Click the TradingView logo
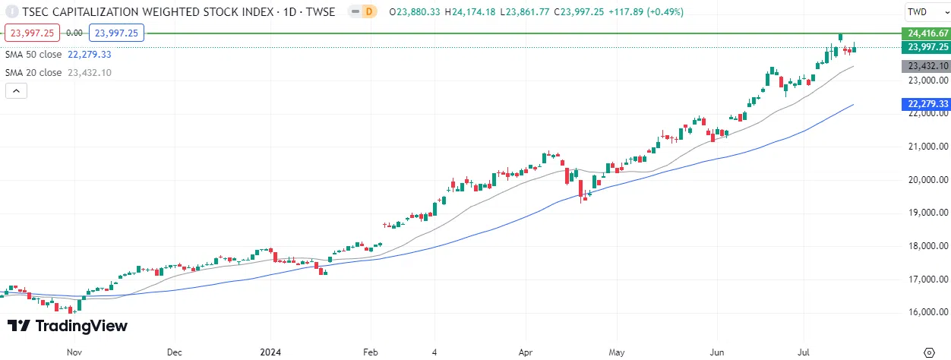coord(68,326)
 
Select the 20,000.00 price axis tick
coord(927,180)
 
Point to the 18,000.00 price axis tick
coord(927,246)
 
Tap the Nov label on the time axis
coord(74,352)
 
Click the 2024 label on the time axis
coord(270,352)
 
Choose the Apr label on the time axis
coord(526,352)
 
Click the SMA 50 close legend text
coord(34,55)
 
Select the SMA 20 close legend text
coord(34,73)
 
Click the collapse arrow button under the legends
coord(17,91)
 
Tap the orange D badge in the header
coord(369,12)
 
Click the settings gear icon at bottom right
coord(927,352)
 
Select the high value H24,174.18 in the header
coord(471,12)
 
